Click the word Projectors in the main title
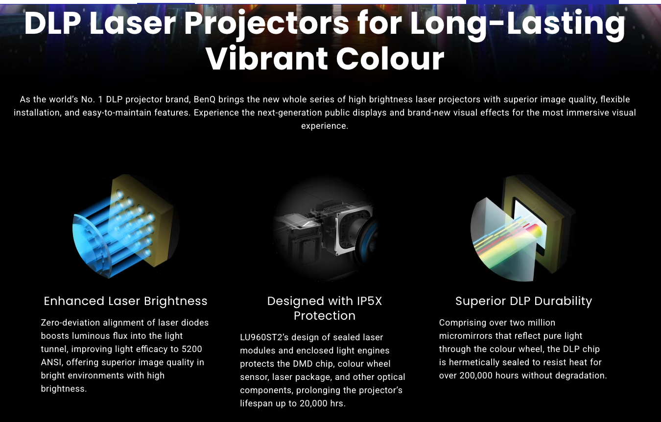coord(267,24)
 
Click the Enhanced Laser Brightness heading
coord(126,301)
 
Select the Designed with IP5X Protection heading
coord(325,308)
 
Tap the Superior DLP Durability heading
coord(523,301)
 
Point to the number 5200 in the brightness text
coord(192,349)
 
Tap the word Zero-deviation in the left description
coord(71,323)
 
